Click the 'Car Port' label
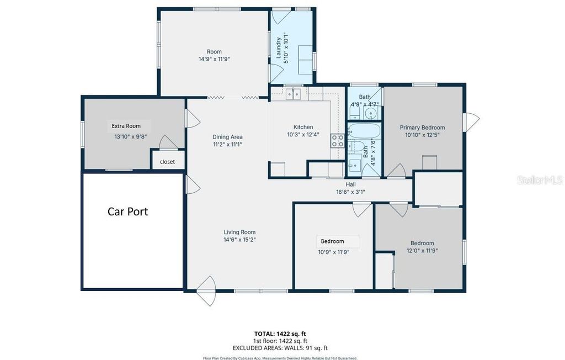127,211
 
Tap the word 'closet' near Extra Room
167,162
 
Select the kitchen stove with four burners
337,141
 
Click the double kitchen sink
293,94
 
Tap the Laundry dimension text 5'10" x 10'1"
286,48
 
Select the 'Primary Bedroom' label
422,128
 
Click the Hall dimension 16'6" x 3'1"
351,192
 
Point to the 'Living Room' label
239,232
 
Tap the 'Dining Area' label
227,137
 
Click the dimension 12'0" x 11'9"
422,250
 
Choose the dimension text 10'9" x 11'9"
334,252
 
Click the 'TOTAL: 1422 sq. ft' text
280,333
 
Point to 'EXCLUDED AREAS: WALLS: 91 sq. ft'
280,348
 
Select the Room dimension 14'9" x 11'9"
214,59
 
